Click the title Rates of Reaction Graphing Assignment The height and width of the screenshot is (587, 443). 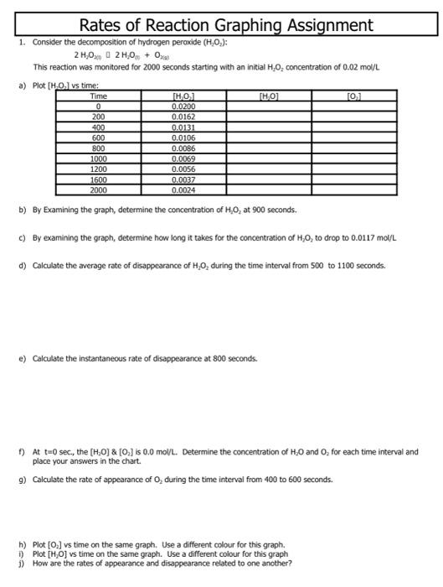coord(221,25)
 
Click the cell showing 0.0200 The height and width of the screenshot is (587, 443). coord(183,107)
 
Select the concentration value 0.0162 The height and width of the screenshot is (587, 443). coord(183,117)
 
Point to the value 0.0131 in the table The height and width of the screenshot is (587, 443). coord(183,127)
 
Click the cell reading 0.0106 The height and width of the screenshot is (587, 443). coord(183,138)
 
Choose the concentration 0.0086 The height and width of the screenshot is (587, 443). coord(183,148)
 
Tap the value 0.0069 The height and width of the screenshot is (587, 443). coord(183,158)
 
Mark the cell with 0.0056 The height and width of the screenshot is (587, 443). coord(183,168)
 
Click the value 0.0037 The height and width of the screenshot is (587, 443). coord(183,178)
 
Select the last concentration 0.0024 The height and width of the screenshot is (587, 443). coord(183,188)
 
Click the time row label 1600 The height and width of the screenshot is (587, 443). coord(98,178)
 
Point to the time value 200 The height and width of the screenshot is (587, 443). coord(98,117)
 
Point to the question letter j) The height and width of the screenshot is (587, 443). coord(21,564)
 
